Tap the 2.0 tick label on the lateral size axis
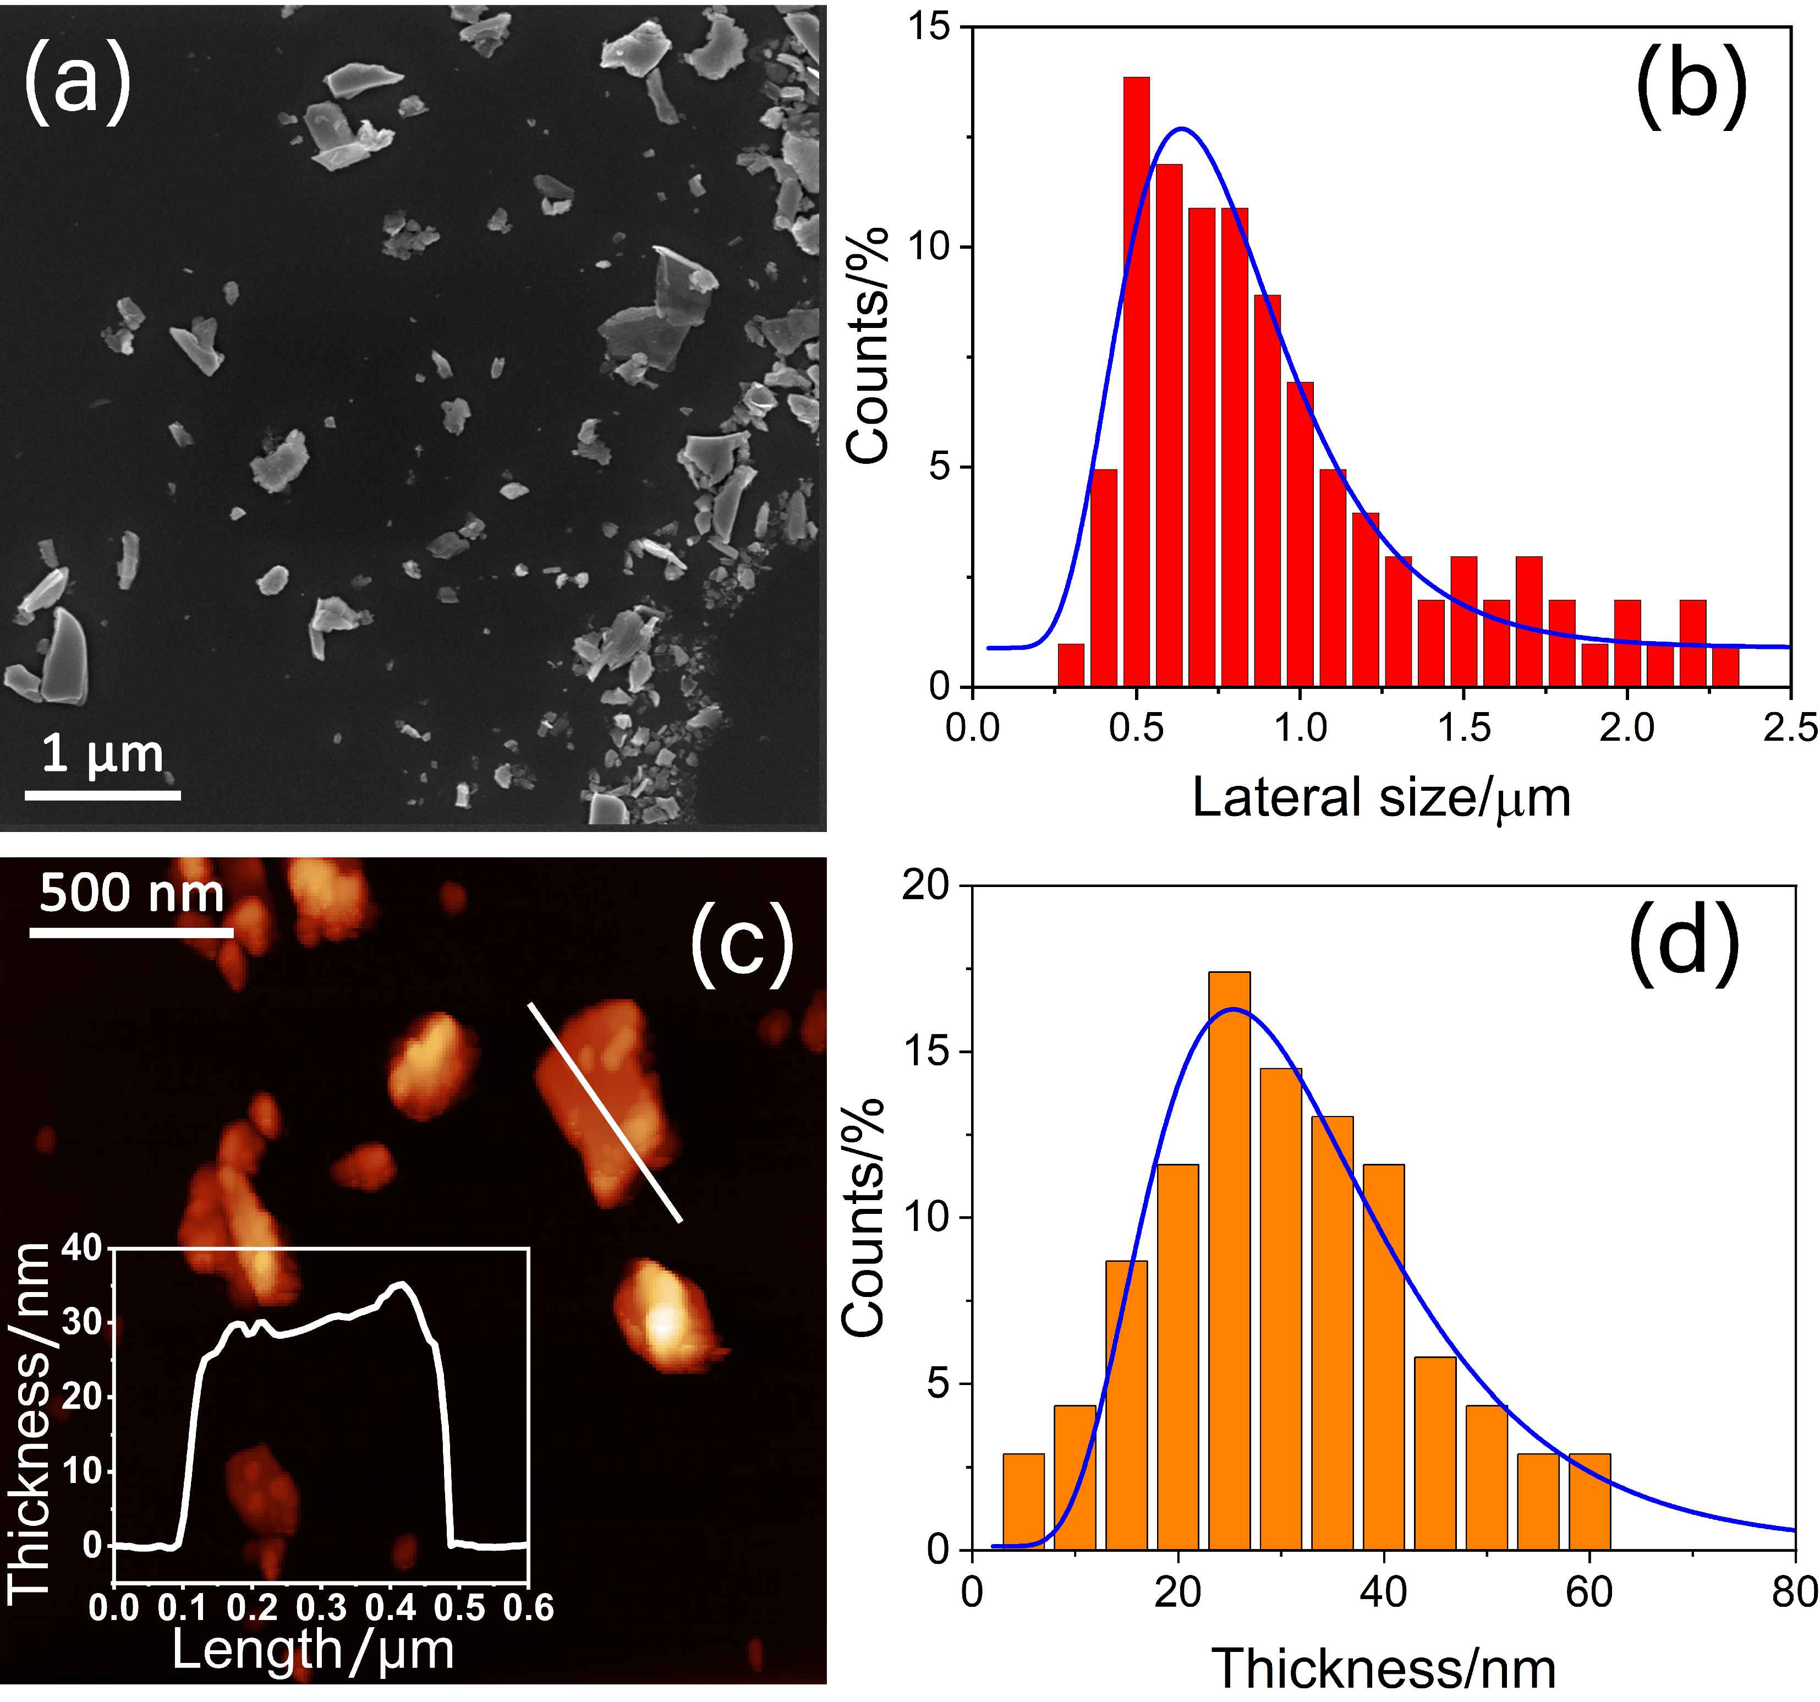[1627, 729]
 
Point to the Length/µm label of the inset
[313, 1651]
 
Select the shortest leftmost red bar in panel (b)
[1070, 666]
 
